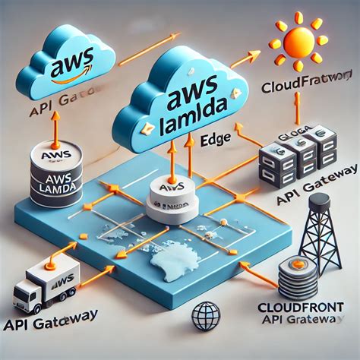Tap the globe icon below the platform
tap(207, 316)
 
